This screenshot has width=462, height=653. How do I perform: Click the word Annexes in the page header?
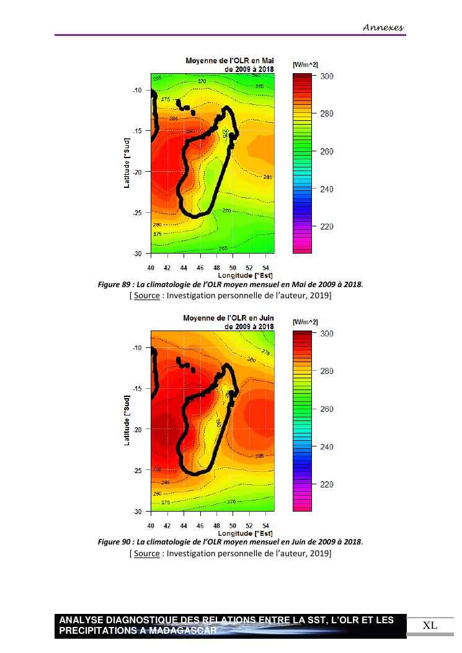[x=383, y=27]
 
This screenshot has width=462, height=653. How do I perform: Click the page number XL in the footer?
[x=430, y=625]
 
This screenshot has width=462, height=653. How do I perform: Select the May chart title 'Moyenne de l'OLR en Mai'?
[x=229, y=61]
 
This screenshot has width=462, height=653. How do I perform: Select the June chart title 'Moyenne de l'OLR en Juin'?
[x=228, y=318]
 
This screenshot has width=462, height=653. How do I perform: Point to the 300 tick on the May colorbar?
[x=327, y=76]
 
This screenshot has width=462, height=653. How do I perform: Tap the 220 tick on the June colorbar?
[x=327, y=484]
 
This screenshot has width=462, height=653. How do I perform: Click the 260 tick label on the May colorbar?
[x=327, y=151]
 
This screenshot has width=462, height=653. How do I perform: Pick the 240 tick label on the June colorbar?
[x=327, y=446]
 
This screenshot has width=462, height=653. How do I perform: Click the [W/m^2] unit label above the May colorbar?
[x=305, y=64]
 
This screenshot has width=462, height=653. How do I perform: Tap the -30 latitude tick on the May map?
[x=138, y=254]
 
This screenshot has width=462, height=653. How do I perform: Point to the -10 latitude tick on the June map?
[x=138, y=348]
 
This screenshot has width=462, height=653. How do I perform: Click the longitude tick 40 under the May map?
[x=151, y=267]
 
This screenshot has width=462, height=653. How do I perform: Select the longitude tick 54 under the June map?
[x=266, y=525]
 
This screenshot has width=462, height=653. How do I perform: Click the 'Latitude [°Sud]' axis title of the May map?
[x=127, y=163]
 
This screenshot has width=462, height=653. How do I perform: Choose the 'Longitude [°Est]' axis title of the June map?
[x=246, y=533]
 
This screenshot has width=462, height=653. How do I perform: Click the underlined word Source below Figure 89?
[x=146, y=296]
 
